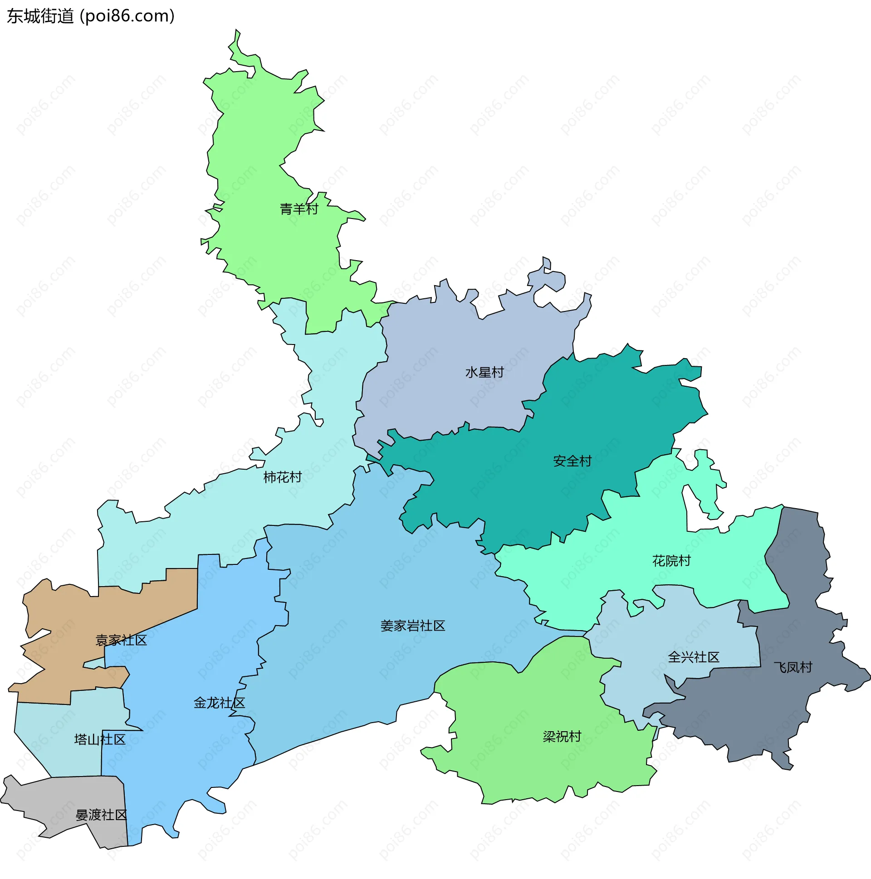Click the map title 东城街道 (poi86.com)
(x=91, y=16)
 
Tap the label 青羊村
(x=298, y=209)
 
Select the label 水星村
(x=484, y=372)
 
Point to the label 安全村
(x=573, y=461)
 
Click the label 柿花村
(x=282, y=477)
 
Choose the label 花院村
(x=671, y=560)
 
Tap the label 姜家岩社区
(x=412, y=626)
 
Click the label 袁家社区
(x=121, y=640)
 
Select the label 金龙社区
(x=220, y=703)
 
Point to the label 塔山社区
(x=100, y=739)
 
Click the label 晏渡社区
(x=101, y=814)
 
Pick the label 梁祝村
(x=562, y=736)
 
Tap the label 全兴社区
(x=694, y=657)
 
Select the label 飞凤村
(x=793, y=667)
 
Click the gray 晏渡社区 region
(x=54, y=801)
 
